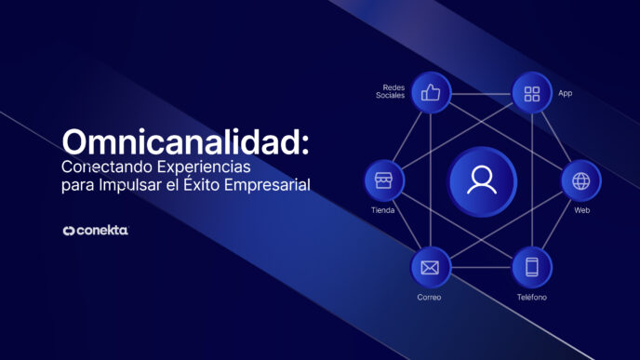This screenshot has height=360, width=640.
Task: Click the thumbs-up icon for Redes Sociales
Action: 431,93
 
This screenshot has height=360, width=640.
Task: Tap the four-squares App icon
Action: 532,93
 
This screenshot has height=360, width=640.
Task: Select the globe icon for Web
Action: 581,180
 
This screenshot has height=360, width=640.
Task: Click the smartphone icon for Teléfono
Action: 532,268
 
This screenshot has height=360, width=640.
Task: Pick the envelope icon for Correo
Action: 430,268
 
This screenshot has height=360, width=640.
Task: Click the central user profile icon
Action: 482,180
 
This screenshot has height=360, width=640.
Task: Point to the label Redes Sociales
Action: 391,90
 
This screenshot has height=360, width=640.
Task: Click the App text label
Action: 565,94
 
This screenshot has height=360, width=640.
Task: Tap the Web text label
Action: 581,210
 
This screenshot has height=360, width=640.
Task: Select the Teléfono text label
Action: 532,297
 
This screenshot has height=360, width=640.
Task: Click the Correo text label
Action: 429,297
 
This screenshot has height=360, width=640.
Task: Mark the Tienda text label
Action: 382,210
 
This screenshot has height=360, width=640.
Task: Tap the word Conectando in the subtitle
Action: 100,167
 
